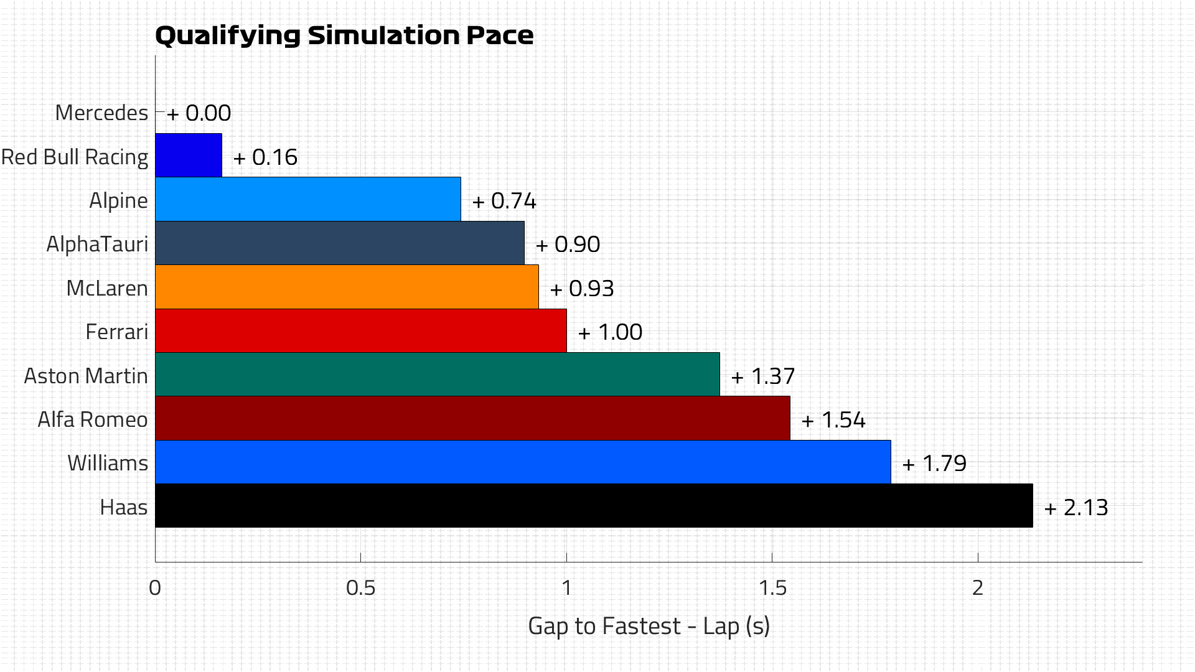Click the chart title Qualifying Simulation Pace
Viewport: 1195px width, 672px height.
click(x=344, y=35)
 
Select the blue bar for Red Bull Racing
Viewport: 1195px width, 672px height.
click(x=188, y=156)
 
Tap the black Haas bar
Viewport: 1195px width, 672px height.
click(x=593, y=506)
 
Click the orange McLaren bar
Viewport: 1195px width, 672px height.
click(x=347, y=287)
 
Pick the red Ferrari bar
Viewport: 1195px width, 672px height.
click(x=360, y=331)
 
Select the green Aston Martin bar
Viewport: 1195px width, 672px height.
click(x=437, y=375)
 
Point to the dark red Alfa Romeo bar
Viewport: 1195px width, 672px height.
click(x=472, y=418)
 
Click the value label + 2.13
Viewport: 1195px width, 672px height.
click(x=1076, y=508)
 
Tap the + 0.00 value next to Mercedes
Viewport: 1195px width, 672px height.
click(x=199, y=113)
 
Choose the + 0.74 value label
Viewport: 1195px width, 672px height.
click(x=504, y=201)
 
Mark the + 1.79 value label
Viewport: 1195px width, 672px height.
click(x=934, y=464)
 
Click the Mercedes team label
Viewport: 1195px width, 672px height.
click(x=101, y=113)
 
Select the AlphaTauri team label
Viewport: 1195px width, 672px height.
click(x=97, y=244)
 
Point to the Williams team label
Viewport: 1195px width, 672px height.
click(x=108, y=464)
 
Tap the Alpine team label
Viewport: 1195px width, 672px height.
click(x=118, y=200)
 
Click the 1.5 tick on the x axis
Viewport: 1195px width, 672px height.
click(x=772, y=588)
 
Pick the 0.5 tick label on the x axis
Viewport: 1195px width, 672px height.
click(x=360, y=588)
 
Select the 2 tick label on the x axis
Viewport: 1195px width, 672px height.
click(x=978, y=588)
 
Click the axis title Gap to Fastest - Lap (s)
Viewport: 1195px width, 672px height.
click(x=649, y=626)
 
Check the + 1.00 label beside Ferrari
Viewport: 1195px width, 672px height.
click(x=610, y=332)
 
